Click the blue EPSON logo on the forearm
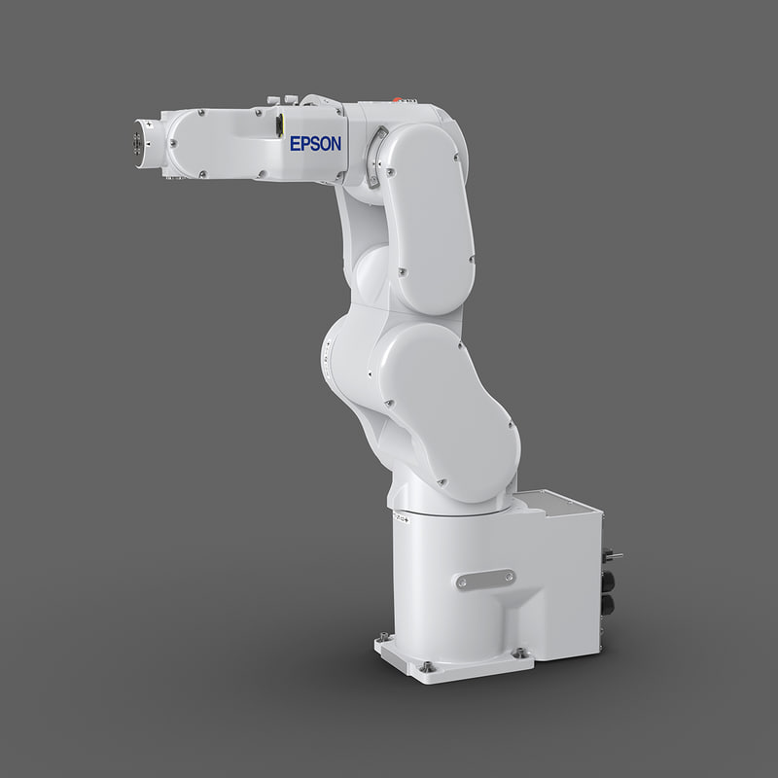[x=316, y=144]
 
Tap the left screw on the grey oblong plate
[x=462, y=582]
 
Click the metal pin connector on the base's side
[x=614, y=556]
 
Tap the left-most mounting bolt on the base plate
[x=380, y=642]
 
